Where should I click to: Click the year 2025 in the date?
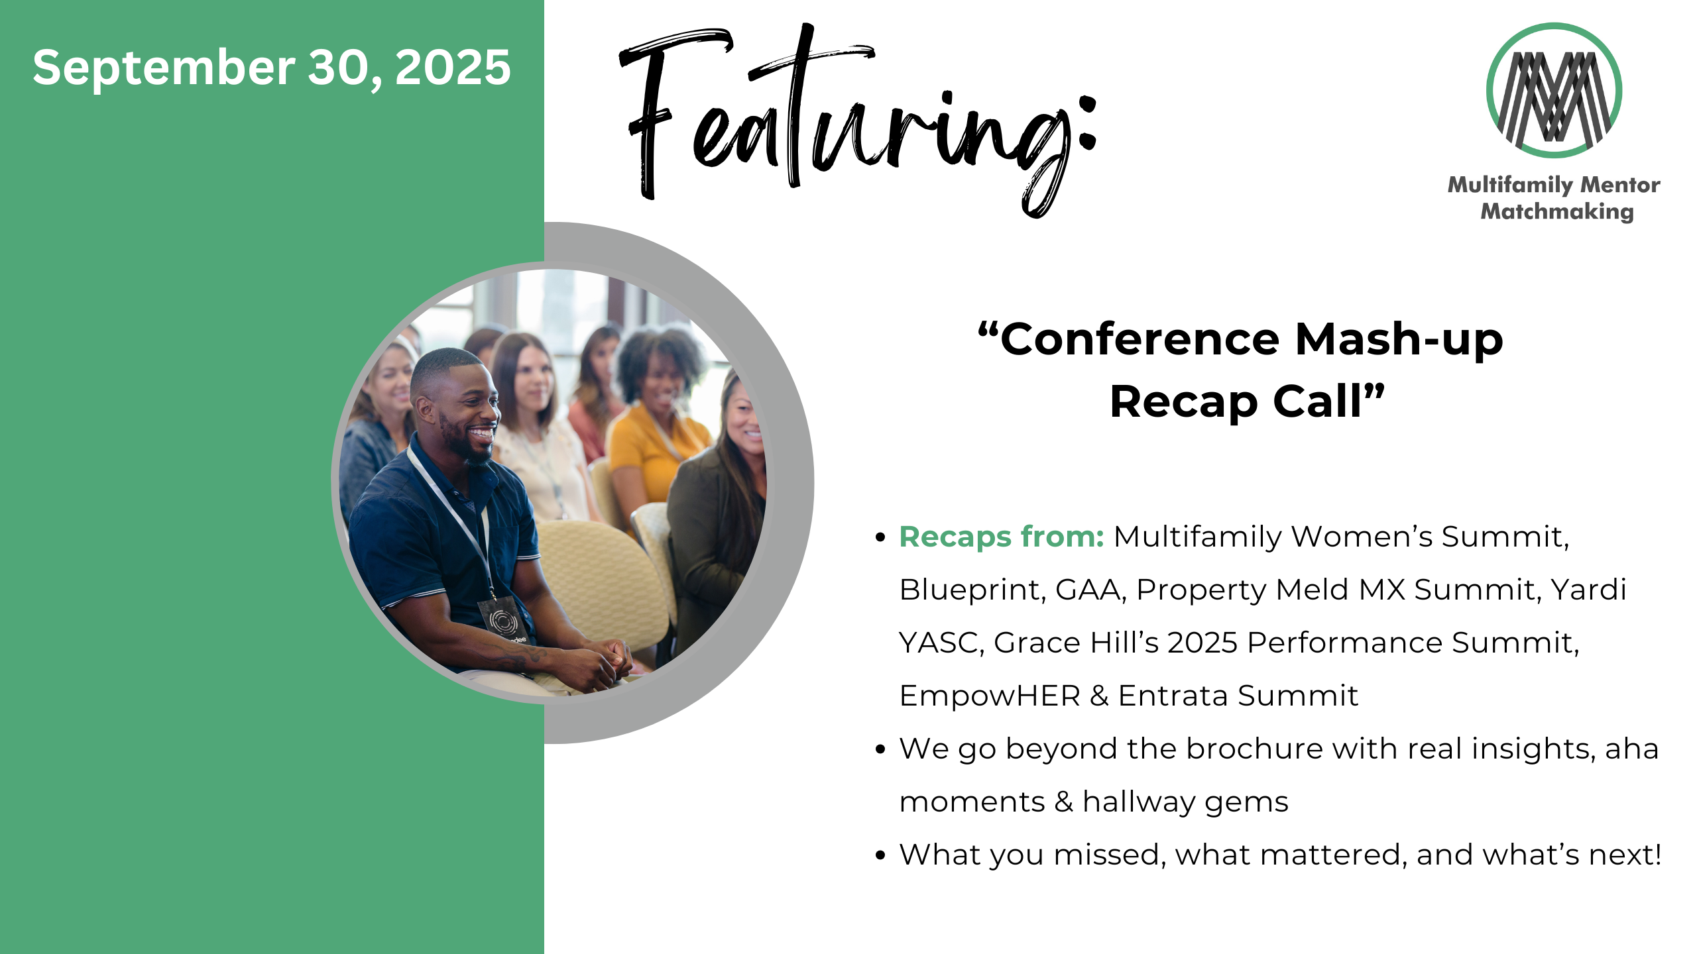(x=453, y=68)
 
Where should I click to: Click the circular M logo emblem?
(x=1554, y=90)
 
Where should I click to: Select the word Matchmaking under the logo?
(x=1557, y=211)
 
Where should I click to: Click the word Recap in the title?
(x=1183, y=401)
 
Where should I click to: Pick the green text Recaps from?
(x=1002, y=536)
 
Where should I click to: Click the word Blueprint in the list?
(x=972, y=590)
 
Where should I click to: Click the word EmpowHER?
(x=990, y=696)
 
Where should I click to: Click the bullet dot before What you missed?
(x=880, y=855)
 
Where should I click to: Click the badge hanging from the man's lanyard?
(x=503, y=621)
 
